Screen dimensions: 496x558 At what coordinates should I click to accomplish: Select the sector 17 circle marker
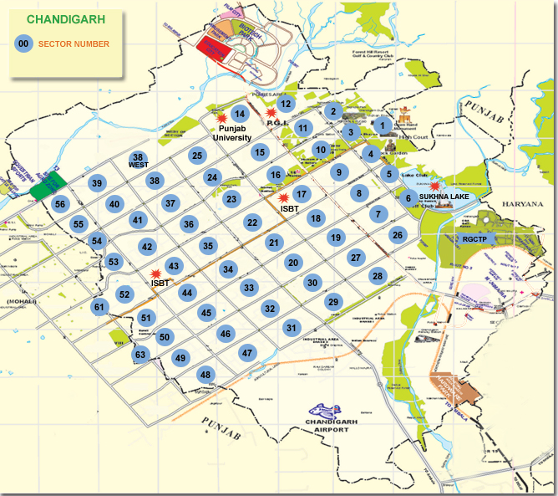point(302,194)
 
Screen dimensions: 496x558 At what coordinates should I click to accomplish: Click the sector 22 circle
point(252,222)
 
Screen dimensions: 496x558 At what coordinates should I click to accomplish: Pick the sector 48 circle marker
point(205,376)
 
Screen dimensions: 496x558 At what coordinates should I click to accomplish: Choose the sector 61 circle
point(99,307)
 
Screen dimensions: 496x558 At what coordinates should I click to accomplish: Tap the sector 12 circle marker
point(286,104)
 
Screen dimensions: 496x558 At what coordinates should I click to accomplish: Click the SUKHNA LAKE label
point(444,196)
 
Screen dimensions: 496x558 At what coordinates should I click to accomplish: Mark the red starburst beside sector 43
point(155,273)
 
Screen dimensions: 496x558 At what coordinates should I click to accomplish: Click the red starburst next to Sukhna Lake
point(434,185)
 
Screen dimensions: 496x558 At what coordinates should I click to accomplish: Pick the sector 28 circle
point(378,276)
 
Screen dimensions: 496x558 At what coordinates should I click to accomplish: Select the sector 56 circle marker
point(59,203)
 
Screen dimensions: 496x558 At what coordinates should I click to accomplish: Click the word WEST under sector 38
point(138,166)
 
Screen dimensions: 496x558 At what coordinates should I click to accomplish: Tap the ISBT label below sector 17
point(289,208)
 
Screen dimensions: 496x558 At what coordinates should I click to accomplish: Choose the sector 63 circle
point(140,355)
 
